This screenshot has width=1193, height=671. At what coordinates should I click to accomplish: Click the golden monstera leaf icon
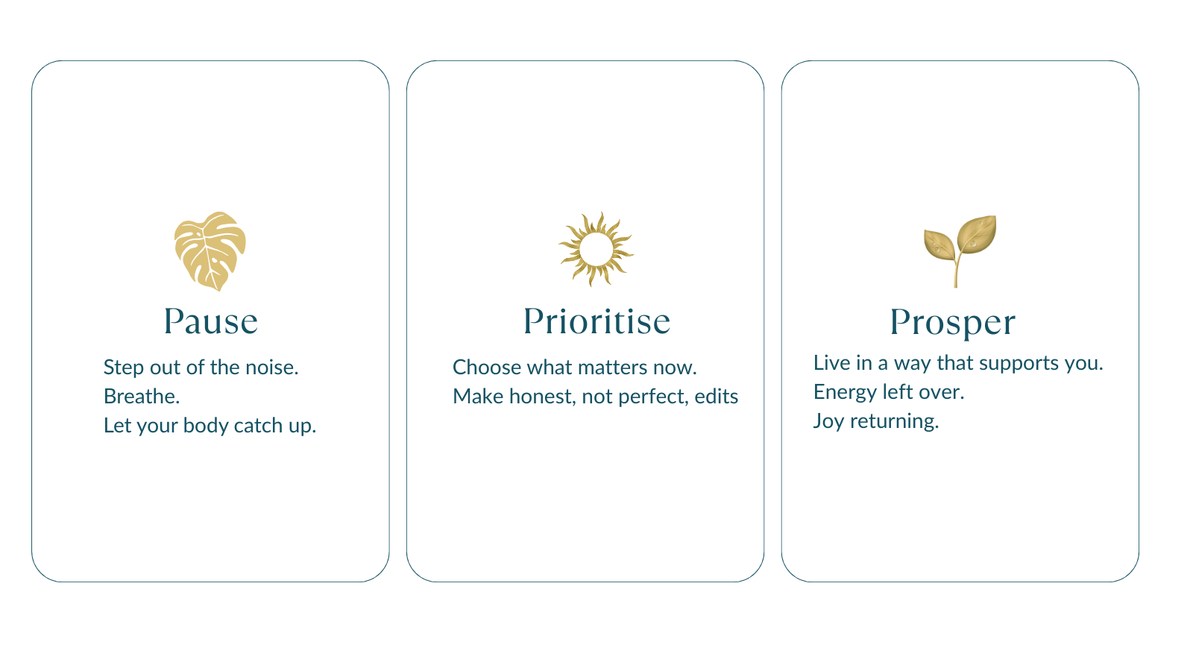tap(210, 251)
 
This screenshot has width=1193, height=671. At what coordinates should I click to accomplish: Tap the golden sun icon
tap(596, 249)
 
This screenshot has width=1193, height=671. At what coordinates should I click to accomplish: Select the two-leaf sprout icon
tap(960, 251)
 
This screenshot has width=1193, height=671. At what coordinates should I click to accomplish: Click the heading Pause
tap(211, 321)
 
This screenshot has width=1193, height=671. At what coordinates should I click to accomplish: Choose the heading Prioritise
tap(596, 321)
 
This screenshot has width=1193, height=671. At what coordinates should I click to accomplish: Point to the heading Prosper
tap(953, 324)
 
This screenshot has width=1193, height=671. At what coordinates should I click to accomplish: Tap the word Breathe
tap(142, 397)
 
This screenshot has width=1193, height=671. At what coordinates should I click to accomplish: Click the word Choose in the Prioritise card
tap(487, 368)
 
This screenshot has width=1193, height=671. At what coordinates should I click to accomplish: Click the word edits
tap(717, 397)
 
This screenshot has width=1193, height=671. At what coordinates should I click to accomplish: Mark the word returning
tap(894, 422)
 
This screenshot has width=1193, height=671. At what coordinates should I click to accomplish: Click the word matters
tap(608, 368)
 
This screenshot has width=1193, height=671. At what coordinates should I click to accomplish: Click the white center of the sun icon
tap(596, 249)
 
